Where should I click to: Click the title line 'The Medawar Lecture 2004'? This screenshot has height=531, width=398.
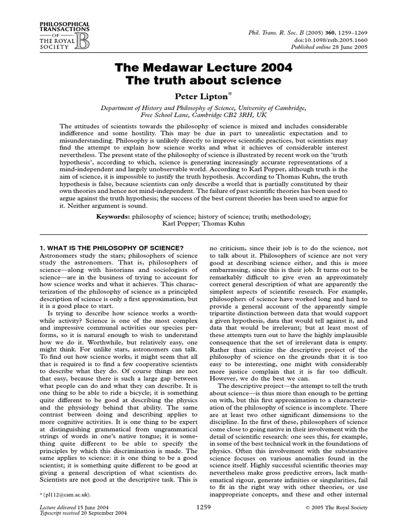199,68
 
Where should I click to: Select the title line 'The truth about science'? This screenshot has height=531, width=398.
199,81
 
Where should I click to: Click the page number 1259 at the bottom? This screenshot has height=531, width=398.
204,508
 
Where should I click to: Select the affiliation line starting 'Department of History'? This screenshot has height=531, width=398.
199,107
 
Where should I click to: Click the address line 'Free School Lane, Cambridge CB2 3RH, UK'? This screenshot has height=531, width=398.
199,115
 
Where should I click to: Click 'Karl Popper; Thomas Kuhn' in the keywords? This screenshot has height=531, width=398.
199,223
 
